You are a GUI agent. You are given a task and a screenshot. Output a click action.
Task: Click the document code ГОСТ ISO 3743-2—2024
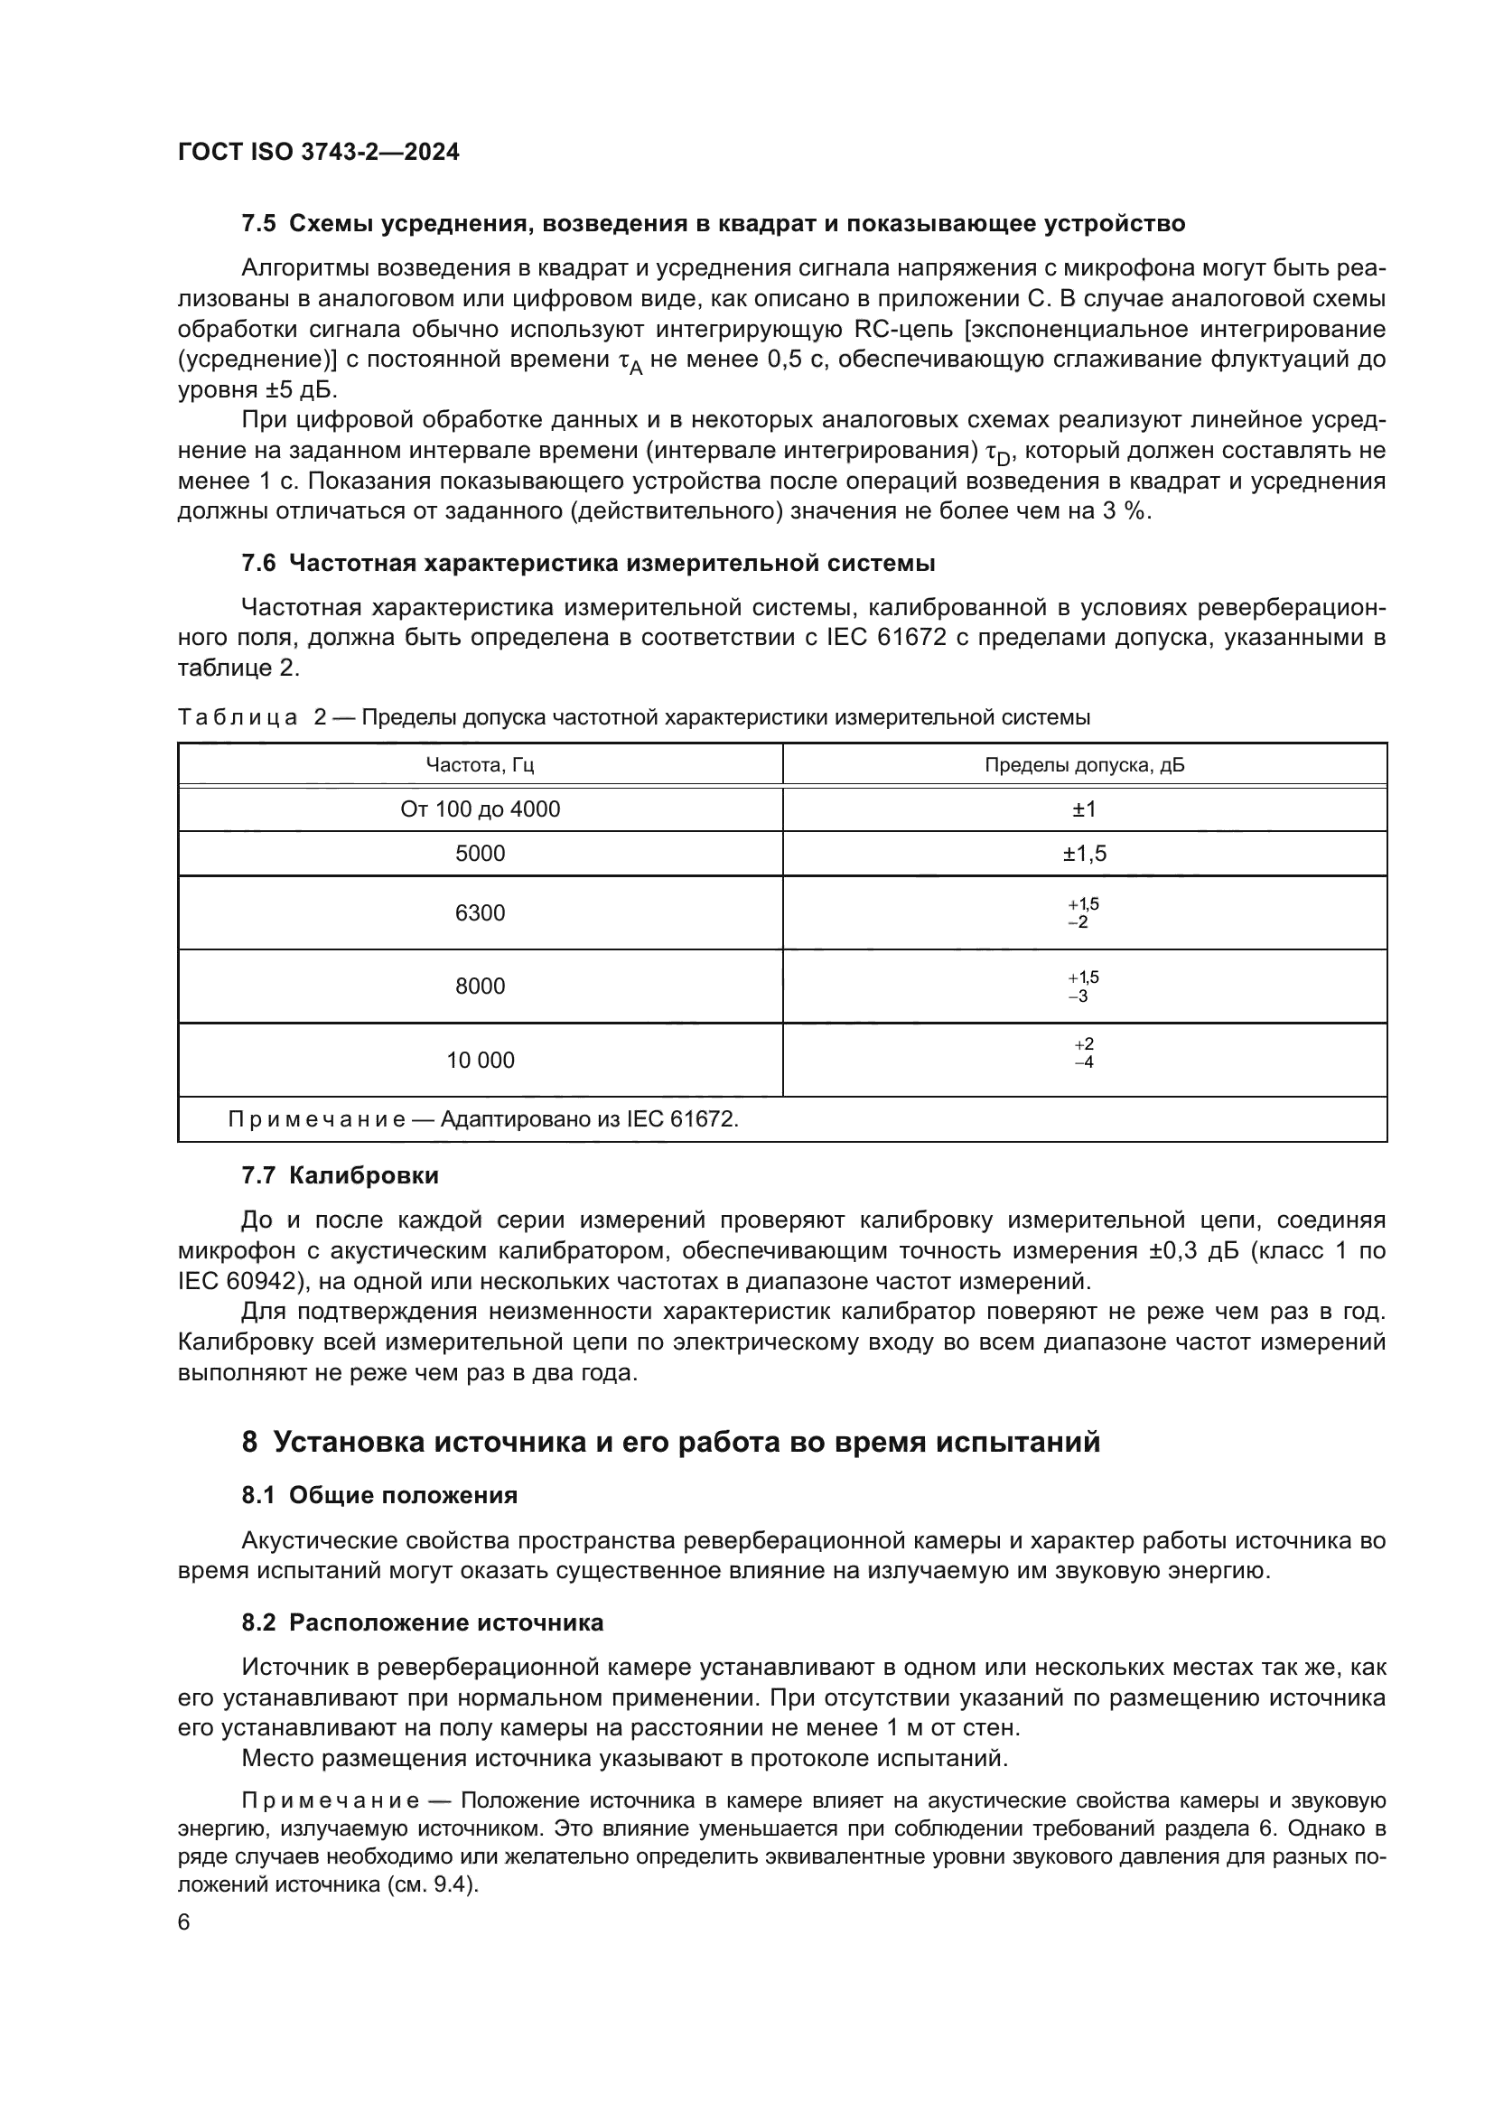coord(318,152)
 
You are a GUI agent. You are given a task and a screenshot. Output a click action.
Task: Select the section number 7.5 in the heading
coord(258,224)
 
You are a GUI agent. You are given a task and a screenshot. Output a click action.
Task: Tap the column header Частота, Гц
coord(480,765)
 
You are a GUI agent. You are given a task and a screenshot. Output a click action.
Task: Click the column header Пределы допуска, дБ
coord(1084,765)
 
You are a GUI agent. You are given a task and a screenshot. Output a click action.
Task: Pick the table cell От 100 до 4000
coord(480,809)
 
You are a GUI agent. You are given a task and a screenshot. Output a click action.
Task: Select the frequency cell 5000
coord(480,853)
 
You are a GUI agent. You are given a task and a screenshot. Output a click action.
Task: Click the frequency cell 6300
coord(480,913)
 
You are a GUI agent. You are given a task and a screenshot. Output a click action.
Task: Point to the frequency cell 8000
coord(480,986)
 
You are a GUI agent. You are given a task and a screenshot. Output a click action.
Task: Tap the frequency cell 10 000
coord(480,1061)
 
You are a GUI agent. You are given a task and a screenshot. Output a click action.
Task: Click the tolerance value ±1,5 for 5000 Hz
coord(1084,853)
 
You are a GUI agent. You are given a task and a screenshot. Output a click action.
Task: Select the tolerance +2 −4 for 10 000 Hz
coord(1084,1052)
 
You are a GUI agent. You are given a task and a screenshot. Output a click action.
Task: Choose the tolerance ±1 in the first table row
coord(1084,809)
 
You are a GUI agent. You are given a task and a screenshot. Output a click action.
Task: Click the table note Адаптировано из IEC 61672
coord(589,1119)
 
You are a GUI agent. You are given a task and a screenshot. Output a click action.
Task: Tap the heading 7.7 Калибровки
coord(340,1175)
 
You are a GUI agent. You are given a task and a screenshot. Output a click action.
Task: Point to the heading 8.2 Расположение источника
coord(422,1622)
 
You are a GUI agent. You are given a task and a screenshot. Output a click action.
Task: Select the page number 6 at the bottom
coord(184,1921)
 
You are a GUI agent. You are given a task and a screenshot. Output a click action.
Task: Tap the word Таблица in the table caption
coord(238,717)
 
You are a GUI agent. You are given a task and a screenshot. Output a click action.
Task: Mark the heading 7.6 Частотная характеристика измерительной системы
coord(588,563)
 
